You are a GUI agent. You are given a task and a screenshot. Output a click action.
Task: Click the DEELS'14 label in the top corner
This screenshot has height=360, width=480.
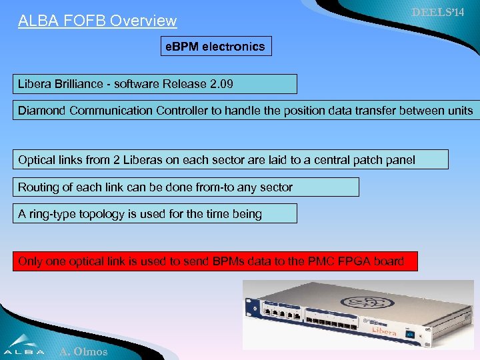(437, 13)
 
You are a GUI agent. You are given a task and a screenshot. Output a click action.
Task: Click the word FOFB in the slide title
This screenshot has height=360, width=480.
(81, 21)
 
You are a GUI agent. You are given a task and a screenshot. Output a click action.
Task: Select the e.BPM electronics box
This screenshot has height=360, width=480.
(216, 46)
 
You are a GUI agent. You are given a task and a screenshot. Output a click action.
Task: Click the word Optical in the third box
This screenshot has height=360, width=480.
(37, 160)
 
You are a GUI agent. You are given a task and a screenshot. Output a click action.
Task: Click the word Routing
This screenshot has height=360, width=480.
(39, 187)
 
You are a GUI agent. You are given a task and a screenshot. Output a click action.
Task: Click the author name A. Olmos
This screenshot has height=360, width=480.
(83, 351)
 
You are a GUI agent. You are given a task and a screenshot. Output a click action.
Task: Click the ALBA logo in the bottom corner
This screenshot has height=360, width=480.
(24, 344)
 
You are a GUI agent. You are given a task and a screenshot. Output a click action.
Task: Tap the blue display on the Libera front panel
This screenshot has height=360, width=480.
(411, 333)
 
